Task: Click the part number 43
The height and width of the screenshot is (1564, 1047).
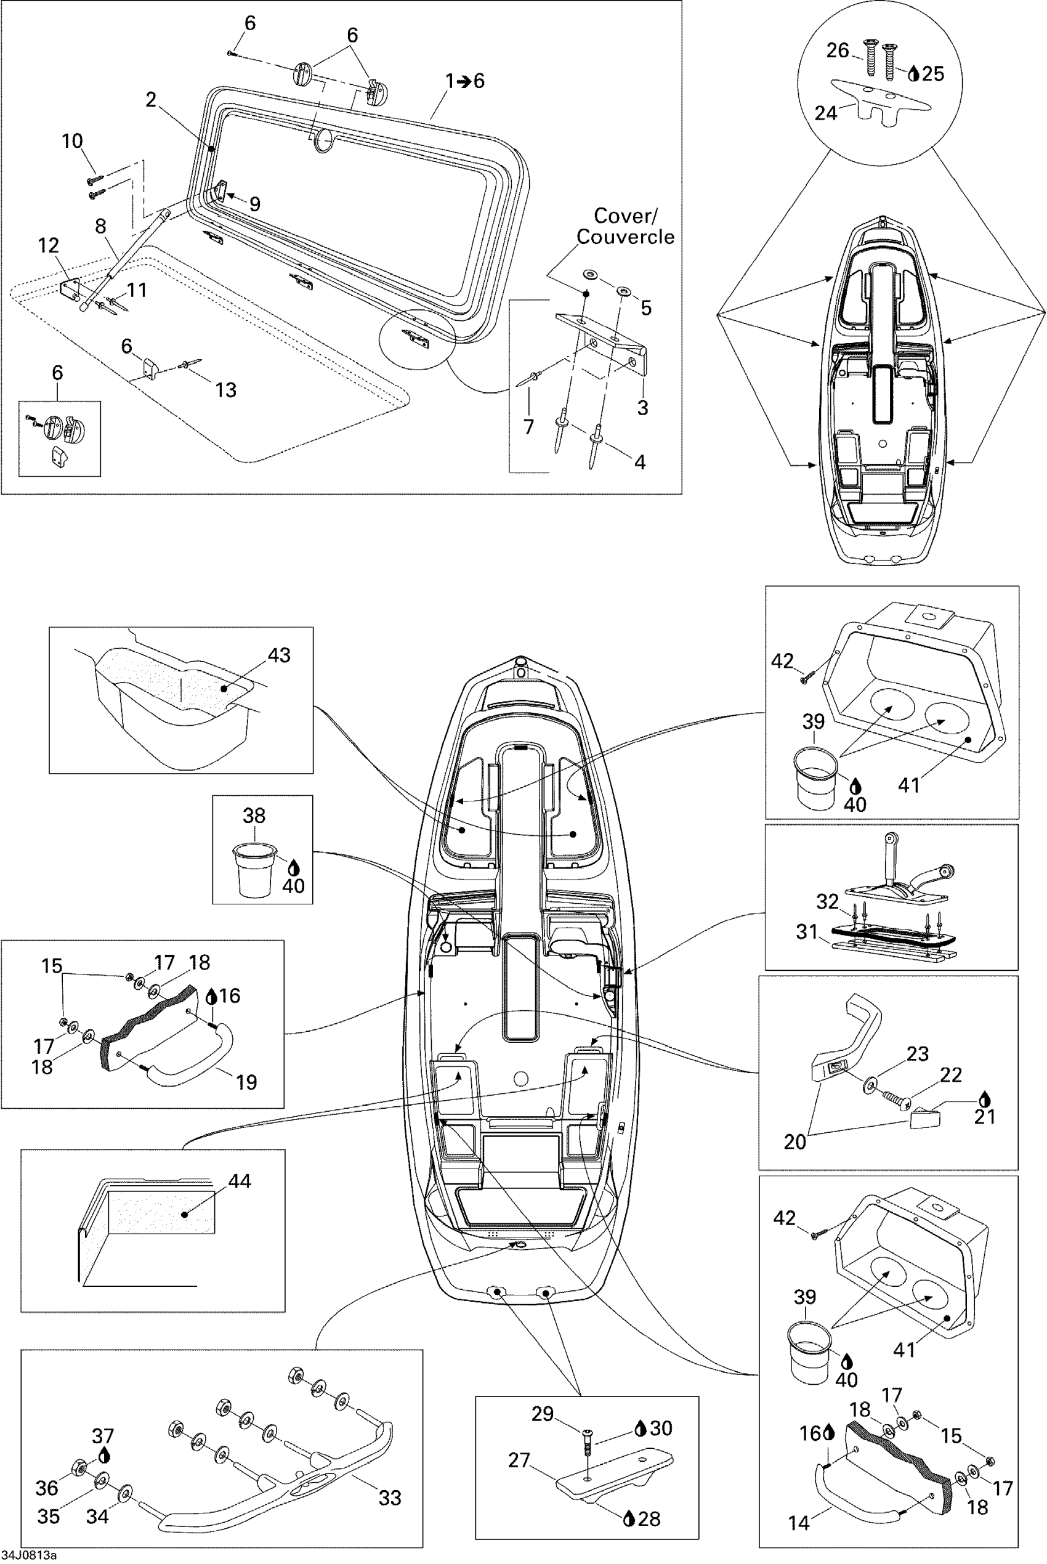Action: pos(279,655)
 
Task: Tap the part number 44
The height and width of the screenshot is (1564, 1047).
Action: pos(239,1181)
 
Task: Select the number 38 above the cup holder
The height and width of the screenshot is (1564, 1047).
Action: pos(254,816)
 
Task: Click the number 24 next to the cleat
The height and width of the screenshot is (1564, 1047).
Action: pos(825,113)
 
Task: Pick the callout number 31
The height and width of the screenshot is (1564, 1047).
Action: pos(807,931)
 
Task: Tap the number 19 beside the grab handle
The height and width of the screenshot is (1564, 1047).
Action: pos(246,1082)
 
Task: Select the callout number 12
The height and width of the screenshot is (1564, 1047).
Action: pos(48,246)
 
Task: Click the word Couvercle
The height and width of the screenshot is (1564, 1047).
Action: pos(625,237)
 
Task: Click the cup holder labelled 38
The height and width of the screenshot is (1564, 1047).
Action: pos(254,868)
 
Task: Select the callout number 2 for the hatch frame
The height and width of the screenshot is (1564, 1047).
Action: pos(151,100)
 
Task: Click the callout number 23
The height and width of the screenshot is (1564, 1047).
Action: pos(918,1053)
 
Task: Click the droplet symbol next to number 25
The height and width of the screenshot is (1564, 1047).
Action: pos(914,74)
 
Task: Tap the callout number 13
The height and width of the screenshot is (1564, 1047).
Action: pos(225,390)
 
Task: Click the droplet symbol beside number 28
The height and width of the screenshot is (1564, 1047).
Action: pos(628,1519)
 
